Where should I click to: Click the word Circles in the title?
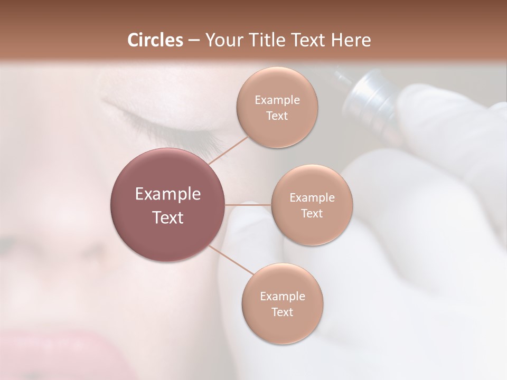[155, 40]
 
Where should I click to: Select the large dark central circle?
[167, 205]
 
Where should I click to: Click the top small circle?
[277, 107]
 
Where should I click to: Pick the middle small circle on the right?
[312, 205]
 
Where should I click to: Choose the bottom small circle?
[282, 303]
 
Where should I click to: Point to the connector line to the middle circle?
[248, 205]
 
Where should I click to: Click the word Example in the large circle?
[167, 194]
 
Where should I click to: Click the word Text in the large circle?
[167, 217]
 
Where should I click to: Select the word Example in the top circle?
[277, 100]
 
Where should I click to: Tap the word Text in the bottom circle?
[282, 312]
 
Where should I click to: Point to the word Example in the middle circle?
[312, 197]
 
